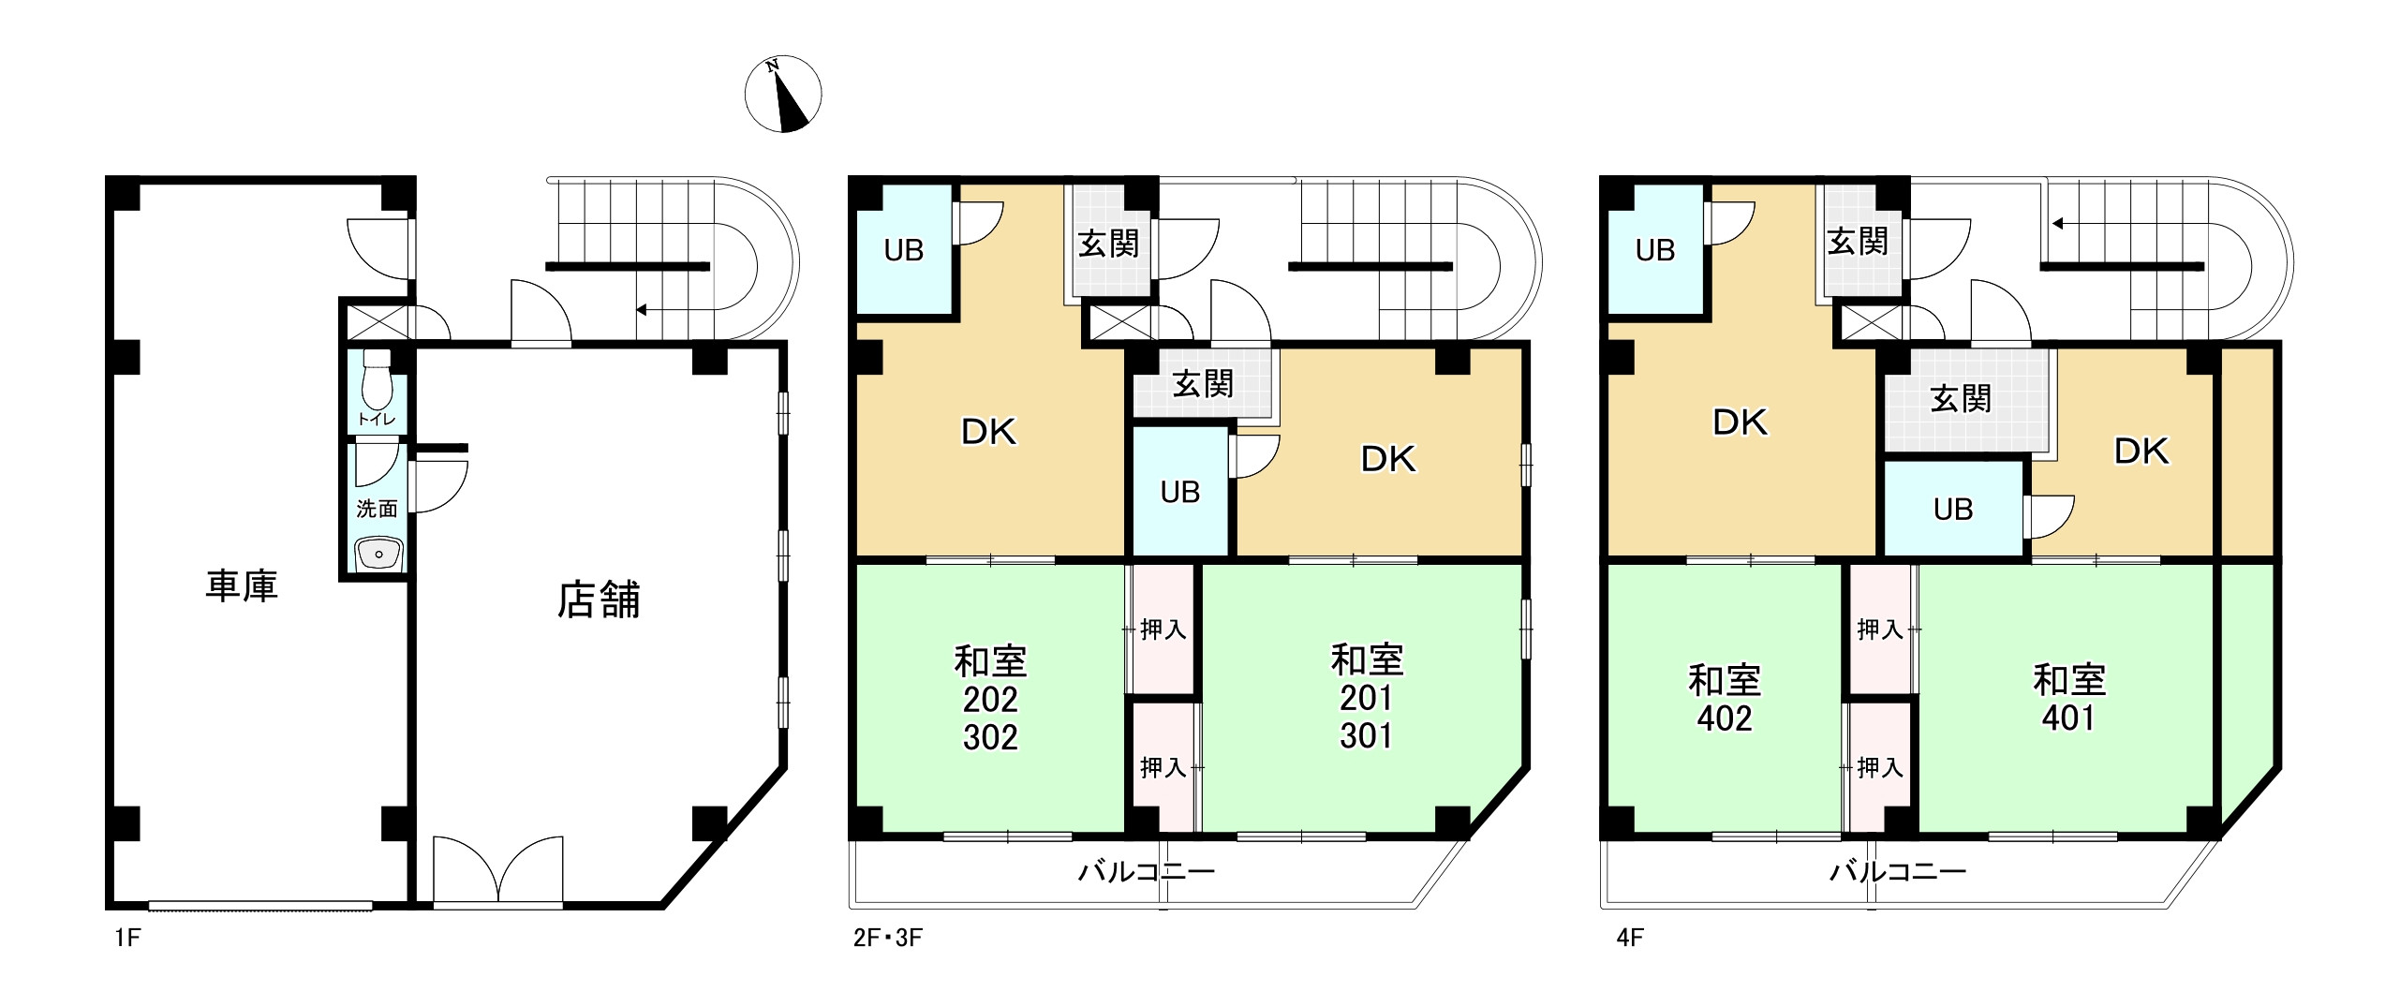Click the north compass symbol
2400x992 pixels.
tap(782, 94)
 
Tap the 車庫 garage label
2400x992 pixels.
tap(242, 585)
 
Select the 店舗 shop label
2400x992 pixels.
tap(599, 600)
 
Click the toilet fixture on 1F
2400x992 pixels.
tap(377, 378)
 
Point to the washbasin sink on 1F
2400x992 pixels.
tap(378, 554)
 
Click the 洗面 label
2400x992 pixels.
tap(377, 509)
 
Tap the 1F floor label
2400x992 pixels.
tap(127, 938)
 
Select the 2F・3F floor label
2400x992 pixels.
tap(887, 938)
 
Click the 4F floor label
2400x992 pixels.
tap(1630, 938)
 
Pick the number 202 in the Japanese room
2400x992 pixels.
tap(990, 700)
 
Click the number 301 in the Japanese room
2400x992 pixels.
tap(1366, 736)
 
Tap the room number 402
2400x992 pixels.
tap(1724, 718)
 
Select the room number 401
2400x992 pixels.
tap(2068, 718)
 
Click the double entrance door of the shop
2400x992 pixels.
tap(498, 871)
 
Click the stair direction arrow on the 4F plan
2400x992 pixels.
tap(2057, 224)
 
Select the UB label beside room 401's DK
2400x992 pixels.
tap(1952, 510)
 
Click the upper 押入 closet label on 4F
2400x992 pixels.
tap(1879, 629)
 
